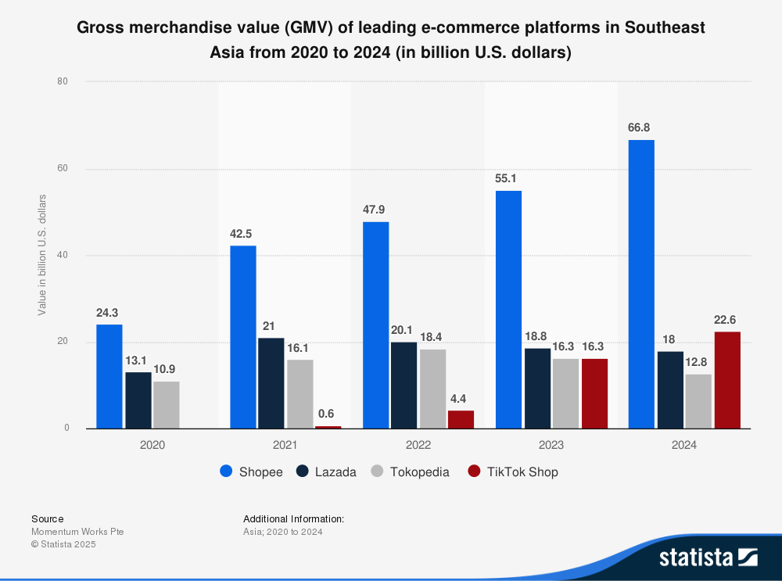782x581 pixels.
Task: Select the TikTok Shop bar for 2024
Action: [727, 380]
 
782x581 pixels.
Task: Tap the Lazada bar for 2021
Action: [271, 383]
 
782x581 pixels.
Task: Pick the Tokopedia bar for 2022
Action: [432, 389]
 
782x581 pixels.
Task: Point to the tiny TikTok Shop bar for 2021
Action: [328, 427]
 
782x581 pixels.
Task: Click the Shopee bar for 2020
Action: [109, 376]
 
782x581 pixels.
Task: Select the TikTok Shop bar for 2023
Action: [594, 393]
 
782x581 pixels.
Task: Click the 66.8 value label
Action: [641, 127]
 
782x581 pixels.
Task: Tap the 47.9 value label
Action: [375, 210]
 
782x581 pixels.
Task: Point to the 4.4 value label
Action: [461, 398]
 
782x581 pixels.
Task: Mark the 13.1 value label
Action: [138, 360]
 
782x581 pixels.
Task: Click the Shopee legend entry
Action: [251, 472]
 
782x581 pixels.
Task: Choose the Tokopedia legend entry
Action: [411, 472]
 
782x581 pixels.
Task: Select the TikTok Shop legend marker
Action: [474, 472]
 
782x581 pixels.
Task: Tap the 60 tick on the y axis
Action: [63, 169]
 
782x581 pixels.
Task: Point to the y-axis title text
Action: [42, 255]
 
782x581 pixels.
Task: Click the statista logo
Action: [708, 557]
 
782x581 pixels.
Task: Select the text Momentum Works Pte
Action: [77, 532]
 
